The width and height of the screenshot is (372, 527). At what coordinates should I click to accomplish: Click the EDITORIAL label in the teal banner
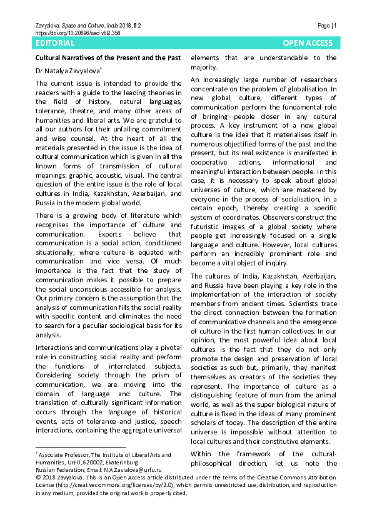click(55, 43)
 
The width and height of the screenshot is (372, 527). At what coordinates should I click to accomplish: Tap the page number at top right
click(328, 26)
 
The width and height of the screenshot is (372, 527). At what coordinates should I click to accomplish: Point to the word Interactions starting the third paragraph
click(53, 347)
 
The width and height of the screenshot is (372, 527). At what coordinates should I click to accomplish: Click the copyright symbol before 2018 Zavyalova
click(37, 476)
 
